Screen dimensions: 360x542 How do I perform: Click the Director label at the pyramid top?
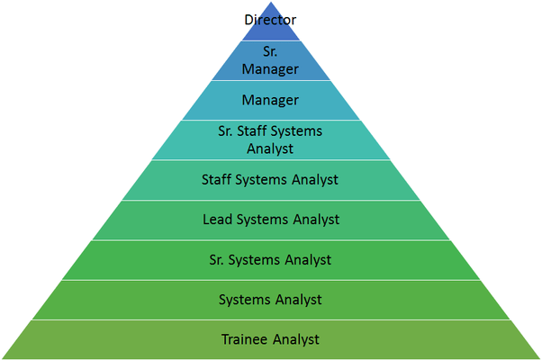(x=270, y=20)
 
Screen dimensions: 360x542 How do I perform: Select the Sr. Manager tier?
(x=270, y=60)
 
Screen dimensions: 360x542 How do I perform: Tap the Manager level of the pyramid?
(x=270, y=100)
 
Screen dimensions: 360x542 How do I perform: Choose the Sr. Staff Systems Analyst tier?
(x=270, y=139)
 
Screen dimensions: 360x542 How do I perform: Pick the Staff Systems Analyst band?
(x=270, y=180)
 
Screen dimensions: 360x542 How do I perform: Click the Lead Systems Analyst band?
(x=270, y=220)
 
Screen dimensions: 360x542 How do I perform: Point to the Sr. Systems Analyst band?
(x=270, y=260)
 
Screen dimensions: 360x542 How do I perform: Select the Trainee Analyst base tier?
(x=270, y=339)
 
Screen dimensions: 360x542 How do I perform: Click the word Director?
(x=270, y=19)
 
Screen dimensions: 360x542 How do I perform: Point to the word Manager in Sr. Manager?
(x=270, y=68)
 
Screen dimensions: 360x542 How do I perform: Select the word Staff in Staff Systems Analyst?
(x=218, y=180)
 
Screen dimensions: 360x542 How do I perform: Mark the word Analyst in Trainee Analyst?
(x=295, y=339)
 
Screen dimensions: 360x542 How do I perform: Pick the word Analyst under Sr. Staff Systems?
(x=270, y=148)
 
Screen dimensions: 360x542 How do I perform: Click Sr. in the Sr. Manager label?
(x=270, y=52)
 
